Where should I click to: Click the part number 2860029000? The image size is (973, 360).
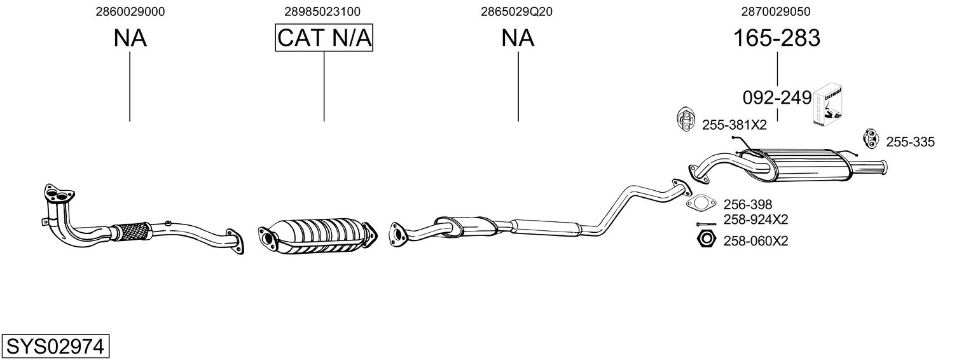pos(130,11)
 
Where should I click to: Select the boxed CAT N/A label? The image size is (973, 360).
pos(324,38)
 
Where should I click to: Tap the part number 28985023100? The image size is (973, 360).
pos(323,11)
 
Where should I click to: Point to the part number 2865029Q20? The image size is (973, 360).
pos(518,11)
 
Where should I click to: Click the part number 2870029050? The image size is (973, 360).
pos(776,11)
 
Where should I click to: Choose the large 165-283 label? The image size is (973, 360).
pos(776,38)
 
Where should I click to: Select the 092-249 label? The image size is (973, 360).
pos(776,98)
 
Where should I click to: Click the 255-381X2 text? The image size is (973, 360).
pos(735,125)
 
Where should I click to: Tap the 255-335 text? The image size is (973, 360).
pos(910,142)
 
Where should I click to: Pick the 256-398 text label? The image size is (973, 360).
pos(747,204)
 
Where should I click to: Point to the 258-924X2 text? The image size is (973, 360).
pos(756,220)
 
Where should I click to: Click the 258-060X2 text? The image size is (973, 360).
pos(756,241)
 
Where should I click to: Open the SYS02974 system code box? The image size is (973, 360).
pos(55,347)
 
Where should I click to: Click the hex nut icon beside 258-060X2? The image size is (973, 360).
pos(705,240)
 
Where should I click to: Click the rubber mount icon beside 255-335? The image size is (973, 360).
pos(869,137)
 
